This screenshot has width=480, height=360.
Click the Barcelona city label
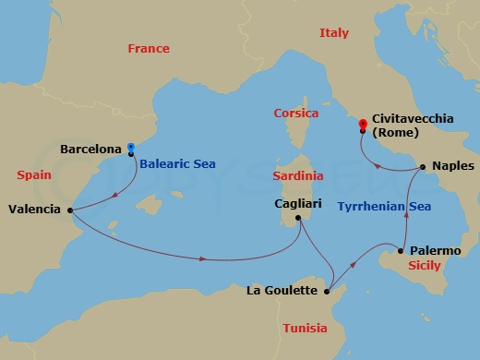click(x=90, y=148)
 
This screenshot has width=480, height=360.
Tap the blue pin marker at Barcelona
click(x=131, y=147)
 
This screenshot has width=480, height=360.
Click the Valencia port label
click(x=35, y=209)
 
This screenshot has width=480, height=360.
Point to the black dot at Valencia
click(x=71, y=209)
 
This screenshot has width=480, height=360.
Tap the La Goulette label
click(x=285, y=291)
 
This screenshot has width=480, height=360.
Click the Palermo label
click(x=434, y=250)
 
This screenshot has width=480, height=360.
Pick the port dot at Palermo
click(x=401, y=250)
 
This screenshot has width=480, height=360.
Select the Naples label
click(x=448, y=168)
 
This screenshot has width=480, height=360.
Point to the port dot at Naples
click(x=421, y=168)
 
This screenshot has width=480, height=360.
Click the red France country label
click(x=149, y=48)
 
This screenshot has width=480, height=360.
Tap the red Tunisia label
click(x=306, y=328)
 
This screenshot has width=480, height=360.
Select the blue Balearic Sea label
click(x=178, y=163)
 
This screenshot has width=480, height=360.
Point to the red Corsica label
click(x=296, y=114)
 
